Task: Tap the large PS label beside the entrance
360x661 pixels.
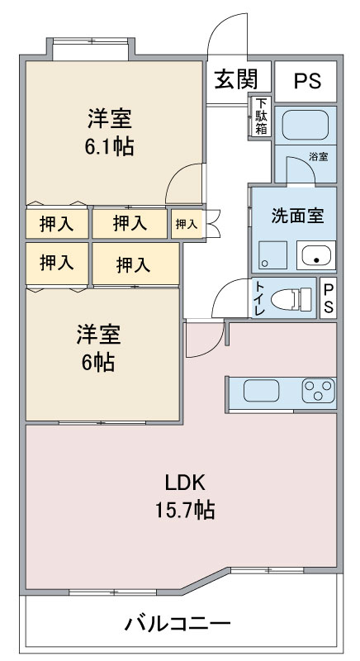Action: pos(307,81)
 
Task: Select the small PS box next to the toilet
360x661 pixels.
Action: pos(329,297)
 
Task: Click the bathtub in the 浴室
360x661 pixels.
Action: pos(306,126)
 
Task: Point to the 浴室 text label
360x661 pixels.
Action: pos(319,157)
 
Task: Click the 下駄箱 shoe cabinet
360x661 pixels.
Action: pos(261,117)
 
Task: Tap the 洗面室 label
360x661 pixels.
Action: pos(298,216)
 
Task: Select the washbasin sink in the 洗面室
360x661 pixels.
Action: pos(315,254)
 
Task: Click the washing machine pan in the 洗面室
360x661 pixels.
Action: pos(272,254)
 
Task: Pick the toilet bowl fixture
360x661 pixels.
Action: pos(291,299)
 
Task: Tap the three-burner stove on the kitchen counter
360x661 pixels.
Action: pos(319,390)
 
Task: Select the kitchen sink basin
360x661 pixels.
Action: pos(261,391)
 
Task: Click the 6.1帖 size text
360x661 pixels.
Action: pos(110,148)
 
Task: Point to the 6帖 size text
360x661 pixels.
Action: pos(98,362)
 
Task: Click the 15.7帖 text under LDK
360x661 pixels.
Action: pos(185,511)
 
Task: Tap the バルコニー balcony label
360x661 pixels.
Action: pos(178,624)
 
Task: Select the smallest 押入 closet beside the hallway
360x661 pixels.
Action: pos(187,224)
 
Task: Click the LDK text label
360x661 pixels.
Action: pos(185,483)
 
